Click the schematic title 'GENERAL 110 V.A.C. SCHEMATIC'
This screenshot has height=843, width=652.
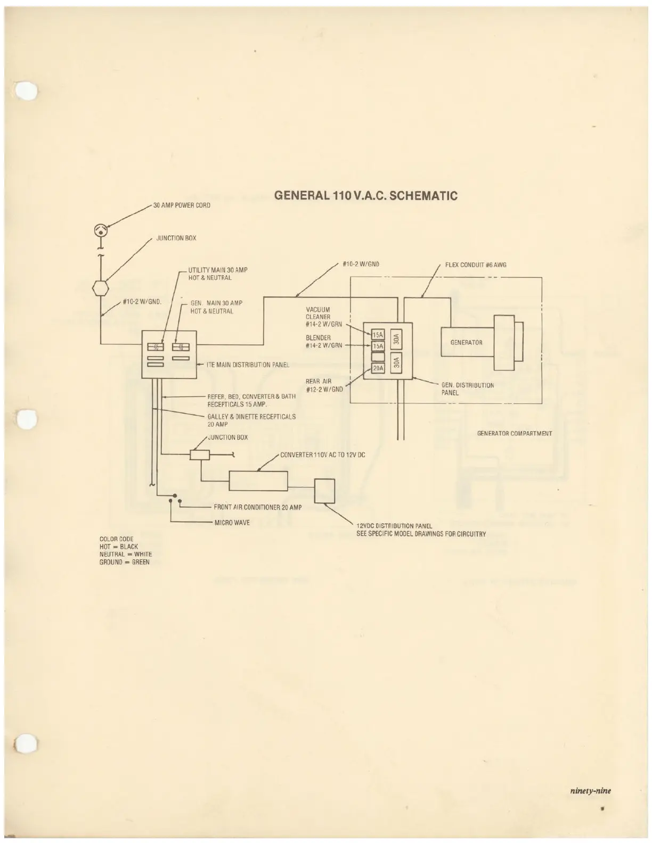click(365, 196)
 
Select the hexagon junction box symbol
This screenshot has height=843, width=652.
click(100, 290)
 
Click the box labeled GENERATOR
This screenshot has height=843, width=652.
click(466, 342)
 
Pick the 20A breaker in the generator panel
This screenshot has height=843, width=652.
click(378, 368)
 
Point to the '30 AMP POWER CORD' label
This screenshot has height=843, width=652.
click(182, 205)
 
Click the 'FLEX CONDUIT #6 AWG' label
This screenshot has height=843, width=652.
click(476, 265)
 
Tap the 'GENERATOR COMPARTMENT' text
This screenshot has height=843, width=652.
click(515, 434)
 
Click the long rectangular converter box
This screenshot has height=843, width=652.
click(258, 481)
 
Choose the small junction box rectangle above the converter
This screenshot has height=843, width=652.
click(200, 454)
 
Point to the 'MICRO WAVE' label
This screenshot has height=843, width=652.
click(232, 523)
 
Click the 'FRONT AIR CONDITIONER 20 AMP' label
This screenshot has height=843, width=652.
click(258, 507)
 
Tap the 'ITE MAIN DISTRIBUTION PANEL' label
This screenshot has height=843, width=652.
click(248, 365)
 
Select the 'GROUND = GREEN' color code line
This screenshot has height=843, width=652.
click(124, 562)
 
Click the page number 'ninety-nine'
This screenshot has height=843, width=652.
click(590, 790)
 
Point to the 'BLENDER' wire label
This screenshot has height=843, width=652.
click(319, 337)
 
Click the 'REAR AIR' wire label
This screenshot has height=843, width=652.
click(319, 381)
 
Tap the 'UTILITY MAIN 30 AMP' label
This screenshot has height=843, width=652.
click(218, 270)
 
